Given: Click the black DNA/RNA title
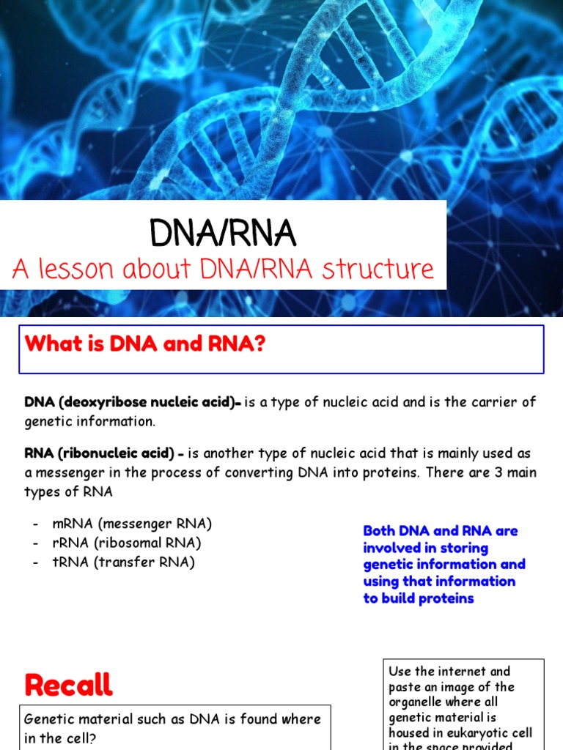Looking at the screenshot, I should (223, 234).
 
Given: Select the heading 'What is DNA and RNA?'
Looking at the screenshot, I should (144, 344).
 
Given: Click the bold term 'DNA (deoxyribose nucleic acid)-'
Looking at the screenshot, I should (133, 402).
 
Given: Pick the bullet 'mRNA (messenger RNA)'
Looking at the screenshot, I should (132, 524).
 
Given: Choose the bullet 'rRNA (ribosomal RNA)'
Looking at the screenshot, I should (127, 543).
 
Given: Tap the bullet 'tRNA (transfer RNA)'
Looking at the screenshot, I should (124, 562).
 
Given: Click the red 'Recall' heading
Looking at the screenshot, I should (68, 685).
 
